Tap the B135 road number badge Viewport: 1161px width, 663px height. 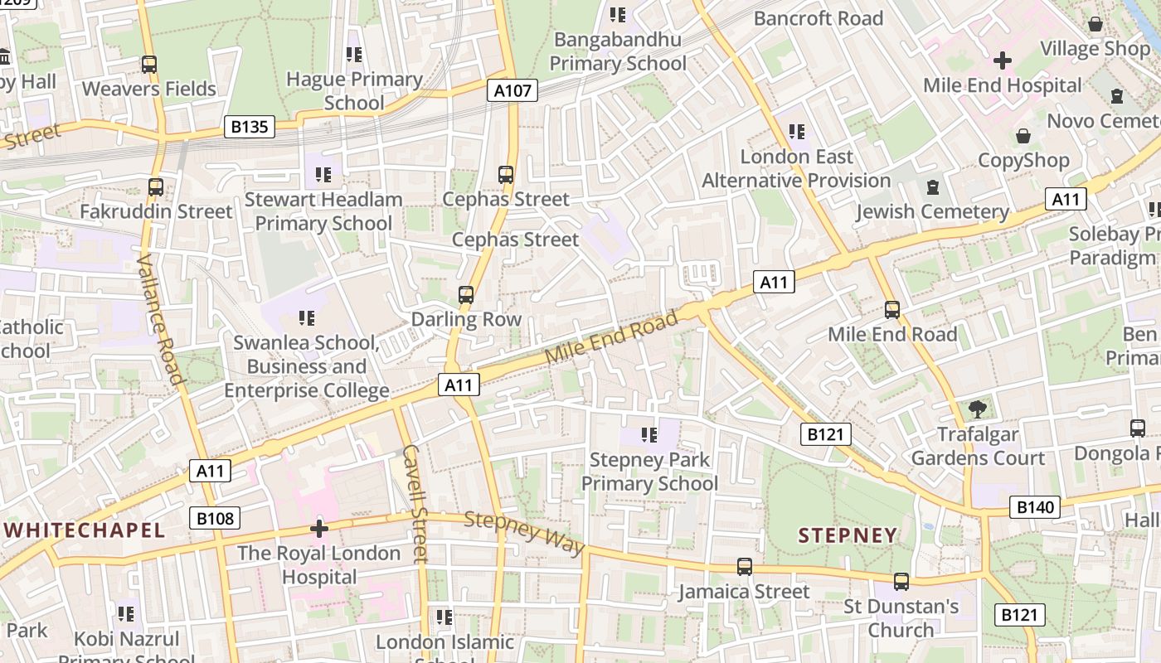click(x=249, y=127)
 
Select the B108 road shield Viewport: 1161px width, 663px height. click(x=215, y=519)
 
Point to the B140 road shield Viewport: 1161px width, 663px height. click(x=1034, y=507)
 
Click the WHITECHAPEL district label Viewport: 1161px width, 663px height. click(x=85, y=530)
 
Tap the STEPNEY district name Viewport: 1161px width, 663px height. click(x=848, y=535)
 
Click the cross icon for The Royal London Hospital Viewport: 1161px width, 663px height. click(x=319, y=529)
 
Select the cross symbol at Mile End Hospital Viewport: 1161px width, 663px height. click(x=1003, y=60)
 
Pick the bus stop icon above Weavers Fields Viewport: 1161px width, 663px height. click(x=149, y=64)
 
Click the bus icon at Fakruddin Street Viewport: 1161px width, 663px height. click(x=156, y=187)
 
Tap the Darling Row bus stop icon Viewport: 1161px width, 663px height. click(x=466, y=295)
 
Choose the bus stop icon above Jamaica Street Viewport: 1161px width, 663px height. click(x=745, y=567)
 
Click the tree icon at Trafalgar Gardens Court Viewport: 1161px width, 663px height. click(x=978, y=409)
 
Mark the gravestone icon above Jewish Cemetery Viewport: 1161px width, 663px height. click(x=933, y=187)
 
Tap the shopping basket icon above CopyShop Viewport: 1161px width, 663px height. click(x=1023, y=136)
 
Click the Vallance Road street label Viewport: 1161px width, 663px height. click(x=158, y=320)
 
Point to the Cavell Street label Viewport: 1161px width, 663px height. click(x=414, y=503)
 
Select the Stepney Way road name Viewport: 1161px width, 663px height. click(x=524, y=534)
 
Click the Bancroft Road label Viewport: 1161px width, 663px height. click(x=818, y=18)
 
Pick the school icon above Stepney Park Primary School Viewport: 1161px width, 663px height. click(x=649, y=434)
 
